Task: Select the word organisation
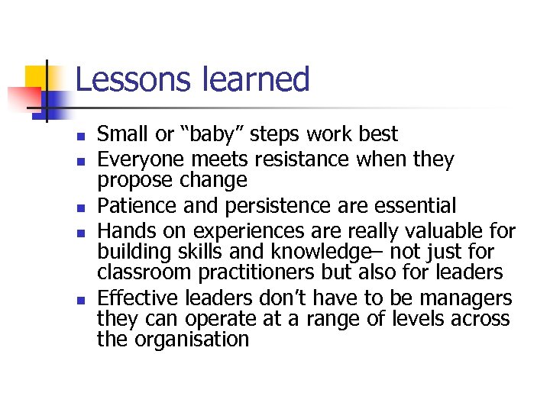(x=192, y=340)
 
